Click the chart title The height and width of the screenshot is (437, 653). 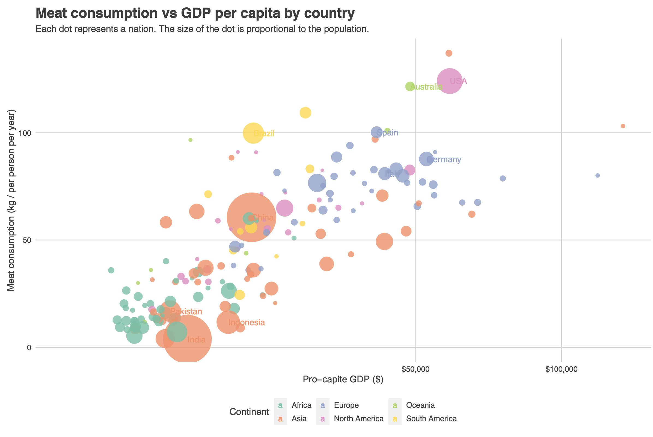tap(195, 13)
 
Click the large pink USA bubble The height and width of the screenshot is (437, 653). tap(449, 81)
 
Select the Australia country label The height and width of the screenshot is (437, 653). tap(426, 87)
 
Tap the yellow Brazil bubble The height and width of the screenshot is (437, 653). tap(253, 133)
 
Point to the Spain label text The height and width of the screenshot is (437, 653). tap(387, 133)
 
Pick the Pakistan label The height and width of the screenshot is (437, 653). tap(186, 311)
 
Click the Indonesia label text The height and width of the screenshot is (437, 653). tap(247, 323)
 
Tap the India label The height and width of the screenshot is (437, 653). tap(197, 340)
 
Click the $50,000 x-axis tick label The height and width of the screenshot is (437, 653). tap(415, 370)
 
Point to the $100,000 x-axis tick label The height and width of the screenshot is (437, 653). tap(561, 370)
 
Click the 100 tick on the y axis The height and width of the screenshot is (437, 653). tap(24, 133)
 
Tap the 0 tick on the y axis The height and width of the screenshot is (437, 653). tap(29, 347)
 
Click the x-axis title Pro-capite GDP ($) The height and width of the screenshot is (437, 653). tap(343, 379)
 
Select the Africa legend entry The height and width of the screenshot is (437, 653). tap(301, 405)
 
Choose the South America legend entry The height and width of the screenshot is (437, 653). tap(431, 419)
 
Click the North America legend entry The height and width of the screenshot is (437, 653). tap(358, 419)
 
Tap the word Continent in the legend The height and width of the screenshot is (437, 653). tap(249, 412)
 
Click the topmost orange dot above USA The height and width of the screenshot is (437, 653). tap(449, 53)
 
